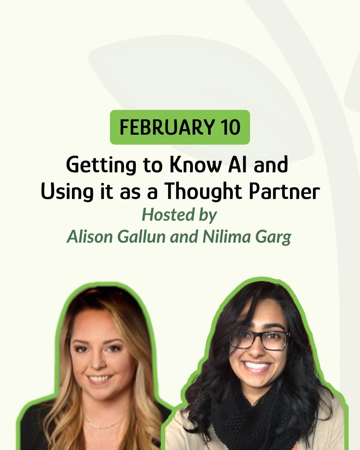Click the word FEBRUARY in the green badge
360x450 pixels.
click(166, 127)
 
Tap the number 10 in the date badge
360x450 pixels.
click(230, 127)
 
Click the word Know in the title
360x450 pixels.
click(195, 165)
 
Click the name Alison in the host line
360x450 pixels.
click(90, 237)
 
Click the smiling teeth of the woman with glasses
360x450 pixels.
click(257, 367)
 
